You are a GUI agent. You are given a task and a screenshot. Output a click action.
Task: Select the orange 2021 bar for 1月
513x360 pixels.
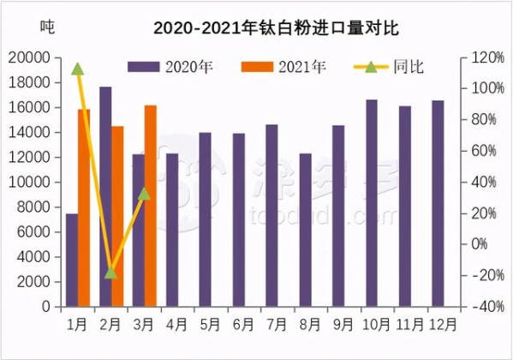tap(84, 207)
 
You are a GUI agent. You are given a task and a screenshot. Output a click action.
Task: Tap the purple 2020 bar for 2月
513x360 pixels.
tap(105, 196)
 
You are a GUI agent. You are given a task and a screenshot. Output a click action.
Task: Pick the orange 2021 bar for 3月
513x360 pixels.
tap(151, 206)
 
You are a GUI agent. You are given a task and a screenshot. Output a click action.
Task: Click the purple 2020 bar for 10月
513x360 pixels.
tap(373, 203)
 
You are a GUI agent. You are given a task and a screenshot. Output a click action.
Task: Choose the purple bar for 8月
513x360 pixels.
tap(306, 230)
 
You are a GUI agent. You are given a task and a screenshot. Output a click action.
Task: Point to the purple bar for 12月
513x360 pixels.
tap(438, 203)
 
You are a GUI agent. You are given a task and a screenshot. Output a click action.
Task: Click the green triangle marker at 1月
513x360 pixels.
tap(78, 69)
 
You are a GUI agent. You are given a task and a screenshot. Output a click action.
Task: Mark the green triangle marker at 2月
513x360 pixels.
tap(110, 273)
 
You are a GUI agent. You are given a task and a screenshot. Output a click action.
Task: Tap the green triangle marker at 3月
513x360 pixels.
tap(144, 194)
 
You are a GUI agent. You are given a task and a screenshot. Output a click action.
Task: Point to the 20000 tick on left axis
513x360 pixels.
tap(33, 58)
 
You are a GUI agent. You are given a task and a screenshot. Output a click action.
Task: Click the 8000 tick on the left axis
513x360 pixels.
tap(37, 207)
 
